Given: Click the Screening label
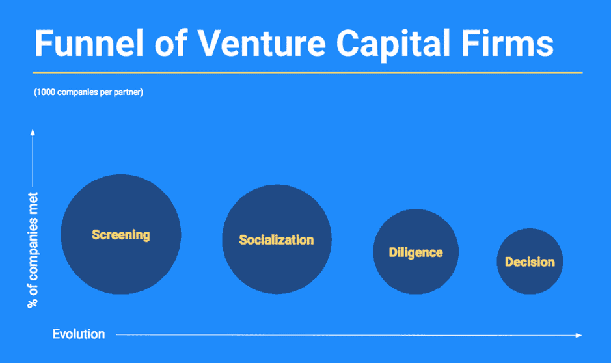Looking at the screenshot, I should coord(121,235).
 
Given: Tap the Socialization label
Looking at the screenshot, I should coord(277,240).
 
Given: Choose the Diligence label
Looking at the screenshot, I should coord(416,252).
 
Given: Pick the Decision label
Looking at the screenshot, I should coord(530,262).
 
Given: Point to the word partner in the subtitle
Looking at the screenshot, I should coord(126,92).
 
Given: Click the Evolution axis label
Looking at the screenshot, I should coord(79,334).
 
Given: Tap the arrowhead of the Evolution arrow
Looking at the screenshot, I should coord(578,335).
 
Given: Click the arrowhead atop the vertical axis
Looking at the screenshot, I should coord(32,132).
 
